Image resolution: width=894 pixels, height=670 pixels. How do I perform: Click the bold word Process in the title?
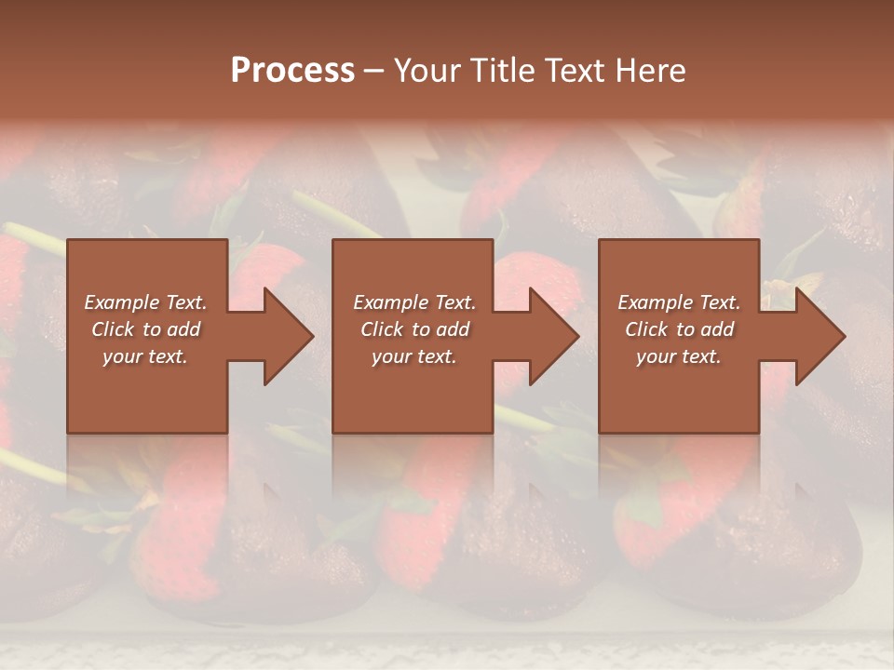click(x=292, y=71)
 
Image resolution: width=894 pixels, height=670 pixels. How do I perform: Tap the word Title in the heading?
click(x=504, y=71)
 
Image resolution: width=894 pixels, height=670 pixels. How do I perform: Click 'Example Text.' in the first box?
click(x=146, y=302)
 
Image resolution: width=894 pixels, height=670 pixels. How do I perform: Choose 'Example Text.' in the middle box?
click(x=414, y=302)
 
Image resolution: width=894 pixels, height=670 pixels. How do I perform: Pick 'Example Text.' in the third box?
click(x=679, y=302)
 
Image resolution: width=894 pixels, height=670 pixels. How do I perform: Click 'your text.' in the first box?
click(x=146, y=356)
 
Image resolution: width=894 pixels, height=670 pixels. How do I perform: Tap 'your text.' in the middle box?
click(x=414, y=356)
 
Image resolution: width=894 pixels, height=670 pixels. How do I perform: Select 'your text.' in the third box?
click(x=679, y=356)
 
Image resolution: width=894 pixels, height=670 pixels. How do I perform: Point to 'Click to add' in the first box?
click(x=146, y=329)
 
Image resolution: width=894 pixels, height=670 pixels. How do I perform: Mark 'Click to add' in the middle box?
click(x=414, y=329)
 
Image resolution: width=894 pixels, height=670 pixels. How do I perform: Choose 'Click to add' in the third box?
click(x=679, y=329)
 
